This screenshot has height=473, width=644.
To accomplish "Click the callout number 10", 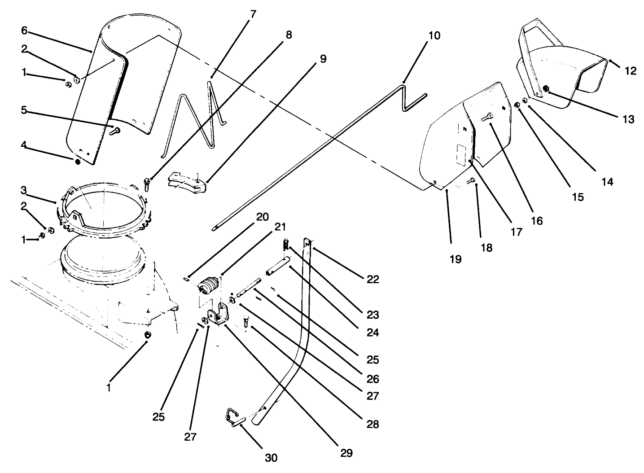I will (434, 35).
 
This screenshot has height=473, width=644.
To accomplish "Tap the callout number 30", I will (271, 457).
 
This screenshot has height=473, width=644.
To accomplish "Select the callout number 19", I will (455, 259).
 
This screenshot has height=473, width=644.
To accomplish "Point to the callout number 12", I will (631, 70).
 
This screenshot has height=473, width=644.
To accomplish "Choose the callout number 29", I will (346, 453).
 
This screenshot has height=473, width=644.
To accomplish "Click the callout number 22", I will (372, 279).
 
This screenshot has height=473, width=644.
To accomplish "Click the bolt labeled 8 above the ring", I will (147, 183).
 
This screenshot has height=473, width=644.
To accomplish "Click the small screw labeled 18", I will (471, 181).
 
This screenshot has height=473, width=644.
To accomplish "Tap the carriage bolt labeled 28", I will (246, 322).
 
